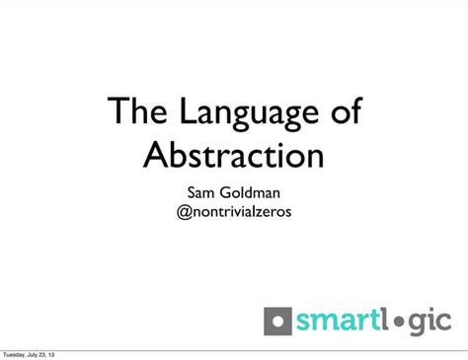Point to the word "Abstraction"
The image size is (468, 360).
click(234, 155)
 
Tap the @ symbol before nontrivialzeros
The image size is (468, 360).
click(184, 211)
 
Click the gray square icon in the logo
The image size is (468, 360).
click(278, 322)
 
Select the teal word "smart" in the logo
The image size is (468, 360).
click(335, 322)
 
